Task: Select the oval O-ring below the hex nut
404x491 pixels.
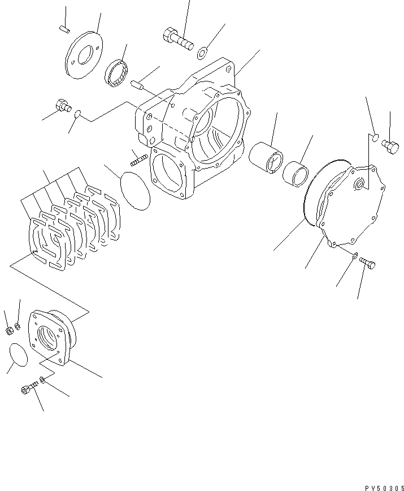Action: tap(19, 354)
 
